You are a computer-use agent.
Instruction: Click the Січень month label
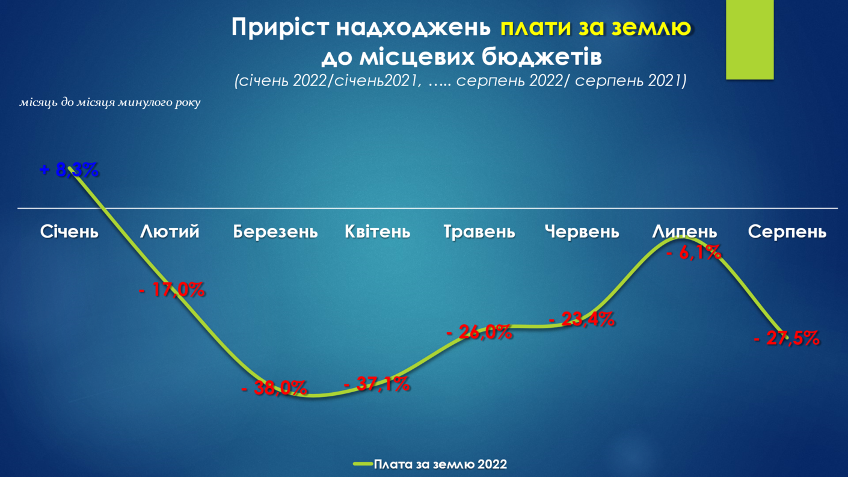[69, 232]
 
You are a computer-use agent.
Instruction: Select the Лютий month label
[170, 232]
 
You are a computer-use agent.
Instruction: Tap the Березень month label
[275, 232]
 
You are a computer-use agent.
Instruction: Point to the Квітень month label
[378, 232]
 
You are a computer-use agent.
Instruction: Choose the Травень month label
[479, 232]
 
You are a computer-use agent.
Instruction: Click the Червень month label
[582, 232]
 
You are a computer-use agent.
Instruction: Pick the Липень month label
[684, 232]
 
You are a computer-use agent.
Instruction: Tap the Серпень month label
[787, 232]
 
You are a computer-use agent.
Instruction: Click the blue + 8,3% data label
[69, 170]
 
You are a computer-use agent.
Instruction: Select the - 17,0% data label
[172, 290]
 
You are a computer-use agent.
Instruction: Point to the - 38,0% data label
[274, 387]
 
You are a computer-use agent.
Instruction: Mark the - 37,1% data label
[377, 384]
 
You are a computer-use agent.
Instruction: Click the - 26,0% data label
[479, 332]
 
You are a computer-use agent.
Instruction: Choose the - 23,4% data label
[582, 319]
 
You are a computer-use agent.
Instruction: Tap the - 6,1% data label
[694, 252]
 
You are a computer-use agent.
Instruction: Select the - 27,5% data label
[787, 338]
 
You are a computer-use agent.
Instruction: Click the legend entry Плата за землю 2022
[430, 464]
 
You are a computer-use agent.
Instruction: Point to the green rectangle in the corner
[749, 40]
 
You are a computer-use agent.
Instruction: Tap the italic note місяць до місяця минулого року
[110, 103]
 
